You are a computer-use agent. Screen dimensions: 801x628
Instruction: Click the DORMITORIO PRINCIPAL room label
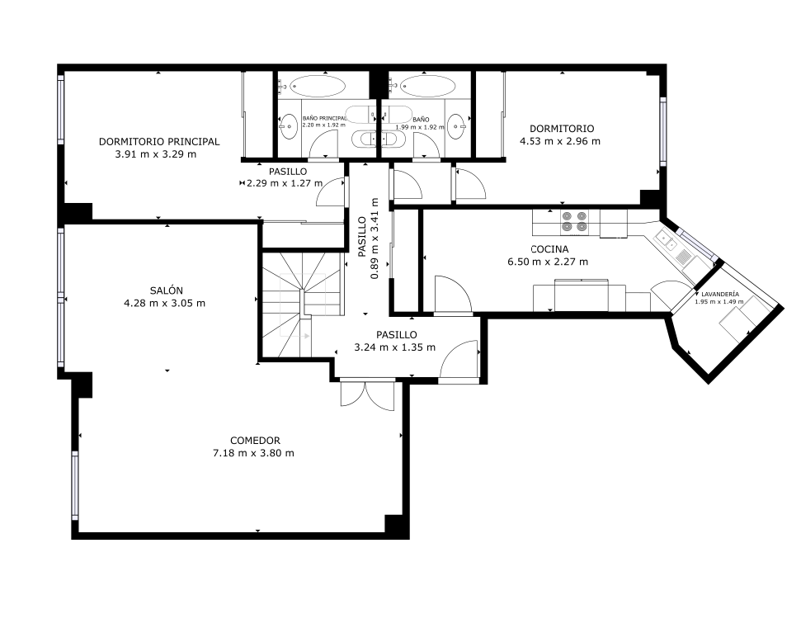(159, 142)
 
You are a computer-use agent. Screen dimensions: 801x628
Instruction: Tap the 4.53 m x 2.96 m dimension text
(560, 141)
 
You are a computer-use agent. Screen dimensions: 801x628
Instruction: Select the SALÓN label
(166, 290)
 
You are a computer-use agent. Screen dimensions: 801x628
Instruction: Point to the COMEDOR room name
(255, 441)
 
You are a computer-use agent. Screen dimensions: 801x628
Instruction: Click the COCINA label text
(549, 249)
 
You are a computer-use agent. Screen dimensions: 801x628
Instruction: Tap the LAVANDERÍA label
(720, 294)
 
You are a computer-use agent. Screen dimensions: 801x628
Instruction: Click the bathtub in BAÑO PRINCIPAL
(319, 86)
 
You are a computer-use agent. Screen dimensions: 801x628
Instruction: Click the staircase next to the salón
(301, 304)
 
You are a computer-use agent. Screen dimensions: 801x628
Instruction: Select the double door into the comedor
(367, 394)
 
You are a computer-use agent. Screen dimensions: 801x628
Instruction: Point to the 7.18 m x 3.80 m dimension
(253, 453)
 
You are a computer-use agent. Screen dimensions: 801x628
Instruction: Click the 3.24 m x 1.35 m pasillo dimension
(395, 347)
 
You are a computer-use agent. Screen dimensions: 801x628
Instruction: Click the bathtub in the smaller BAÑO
(427, 86)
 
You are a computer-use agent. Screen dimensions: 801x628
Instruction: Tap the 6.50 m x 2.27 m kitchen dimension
(548, 262)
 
